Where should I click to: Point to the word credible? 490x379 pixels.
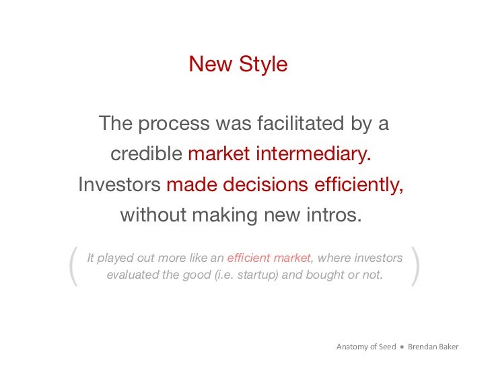pos(146,154)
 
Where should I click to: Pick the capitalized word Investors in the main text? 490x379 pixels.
pos(119,184)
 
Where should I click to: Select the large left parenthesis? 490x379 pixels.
pos(73,266)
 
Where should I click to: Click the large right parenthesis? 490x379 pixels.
pos(415,266)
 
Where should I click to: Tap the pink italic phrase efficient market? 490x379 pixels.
pos(269,258)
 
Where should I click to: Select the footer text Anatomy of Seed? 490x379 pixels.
pos(365,347)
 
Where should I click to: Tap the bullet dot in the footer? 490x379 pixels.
pos(401,347)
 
